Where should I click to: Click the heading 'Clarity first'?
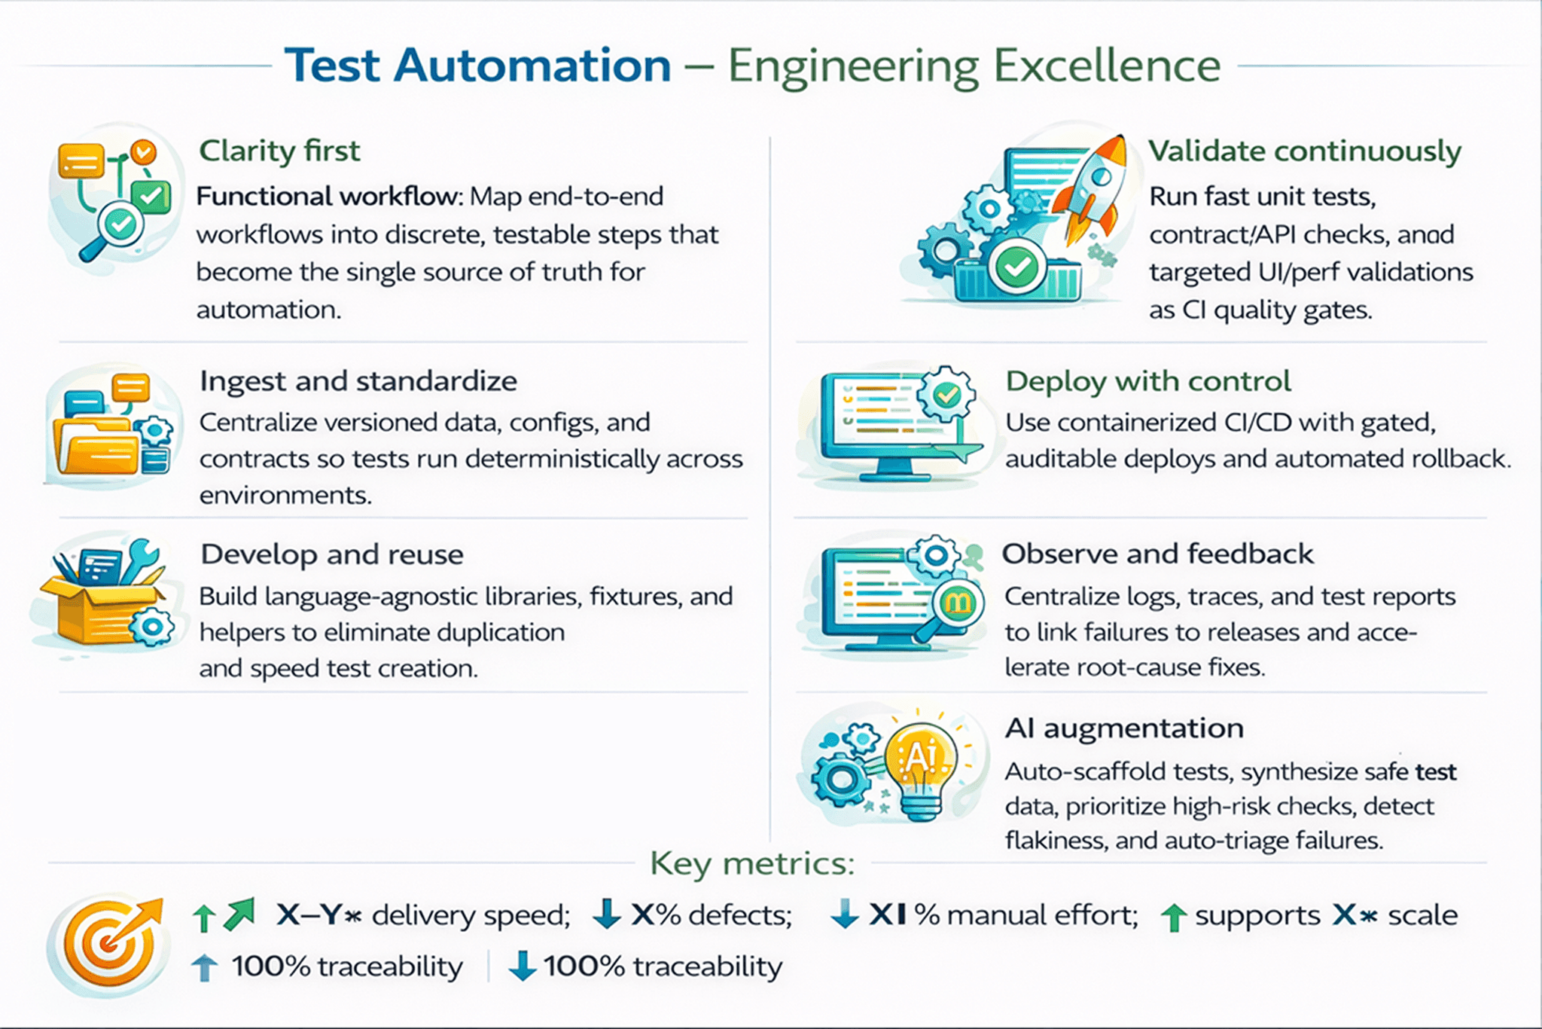[x=279, y=151]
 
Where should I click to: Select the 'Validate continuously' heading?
[x=1304, y=151]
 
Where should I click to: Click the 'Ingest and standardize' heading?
[x=358, y=382]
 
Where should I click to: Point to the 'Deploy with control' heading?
[x=1148, y=382]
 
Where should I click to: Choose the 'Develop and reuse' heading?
[x=332, y=555]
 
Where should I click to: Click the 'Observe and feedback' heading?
[x=1158, y=554]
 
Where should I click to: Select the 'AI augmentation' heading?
[x=1124, y=728]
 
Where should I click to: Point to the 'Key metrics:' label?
[x=753, y=864]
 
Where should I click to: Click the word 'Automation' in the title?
[x=532, y=66]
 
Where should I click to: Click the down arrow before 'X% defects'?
[x=606, y=913]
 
